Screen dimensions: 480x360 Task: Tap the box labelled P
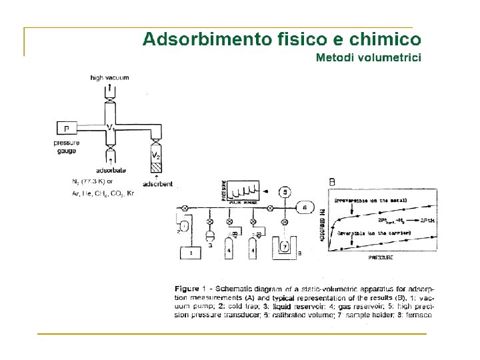pyautogui.click(x=67, y=128)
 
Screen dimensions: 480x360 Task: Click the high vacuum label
pyautogui.click(x=109, y=78)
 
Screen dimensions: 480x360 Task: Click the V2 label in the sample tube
pyautogui.click(x=156, y=155)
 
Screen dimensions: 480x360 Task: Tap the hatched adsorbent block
pyautogui.click(x=156, y=166)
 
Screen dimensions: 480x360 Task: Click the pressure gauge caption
pyautogui.click(x=67, y=147)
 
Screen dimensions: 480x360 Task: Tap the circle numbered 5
pyautogui.click(x=285, y=192)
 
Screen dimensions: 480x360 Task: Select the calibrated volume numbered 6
pyautogui.click(x=305, y=207)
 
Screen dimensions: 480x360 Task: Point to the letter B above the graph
pyautogui.click(x=332, y=181)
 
